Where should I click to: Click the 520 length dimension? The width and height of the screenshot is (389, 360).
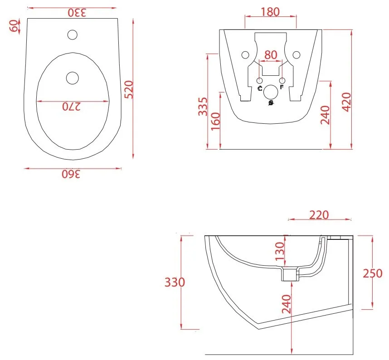[129, 90]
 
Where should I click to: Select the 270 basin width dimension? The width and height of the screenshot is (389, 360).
[72, 107]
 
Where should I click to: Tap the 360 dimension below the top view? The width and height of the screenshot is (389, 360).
[71, 174]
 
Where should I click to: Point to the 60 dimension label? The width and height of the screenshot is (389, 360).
[14, 26]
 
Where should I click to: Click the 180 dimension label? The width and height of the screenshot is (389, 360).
[270, 12]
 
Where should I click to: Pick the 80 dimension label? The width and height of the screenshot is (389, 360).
[271, 55]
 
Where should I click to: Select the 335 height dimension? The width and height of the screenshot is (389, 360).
[203, 107]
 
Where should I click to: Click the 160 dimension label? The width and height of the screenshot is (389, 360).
[216, 121]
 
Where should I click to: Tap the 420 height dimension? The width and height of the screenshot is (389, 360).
[346, 102]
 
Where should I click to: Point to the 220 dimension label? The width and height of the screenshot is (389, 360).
[319, 215]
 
